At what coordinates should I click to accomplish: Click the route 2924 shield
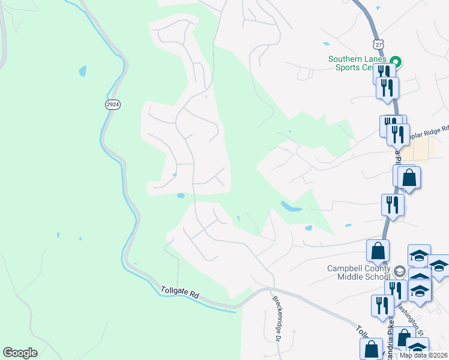pyautogui.click(x=112, y=104)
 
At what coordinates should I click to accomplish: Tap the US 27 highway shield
pyautogui.click(x=376, y=44)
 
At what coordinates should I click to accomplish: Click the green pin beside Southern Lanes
pyautogui.click(x=395, y=61)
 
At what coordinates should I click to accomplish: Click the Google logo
pyautogui.click(x=20, y=353)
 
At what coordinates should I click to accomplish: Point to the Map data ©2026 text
pyautogui.click(x=424, y=355)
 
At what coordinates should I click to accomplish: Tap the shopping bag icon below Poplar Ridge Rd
pyautogui.click(x=409, y=178)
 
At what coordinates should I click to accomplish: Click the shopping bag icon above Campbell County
pyautogui.click(x=378, y=251)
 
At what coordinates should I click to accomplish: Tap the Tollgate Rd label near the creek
pyautogui.click(x=179, y=293)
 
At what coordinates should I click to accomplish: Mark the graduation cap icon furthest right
pyautogui.click(x=439, y=267)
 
